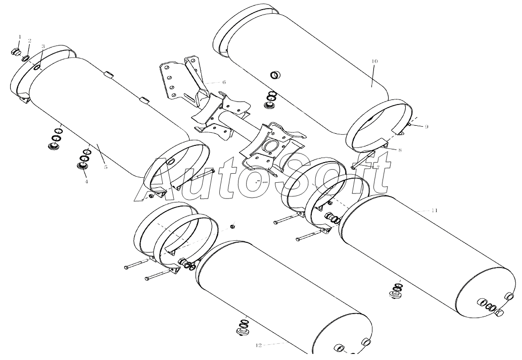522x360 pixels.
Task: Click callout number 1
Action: [20, 37]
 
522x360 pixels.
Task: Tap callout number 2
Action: [30, 41]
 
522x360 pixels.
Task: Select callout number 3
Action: [43, 46]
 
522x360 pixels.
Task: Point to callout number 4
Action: [86, 181]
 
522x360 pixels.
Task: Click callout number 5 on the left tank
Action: [106, 167]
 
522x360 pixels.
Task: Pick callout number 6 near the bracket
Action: [224, 82]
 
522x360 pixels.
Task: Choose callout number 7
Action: [377, 167]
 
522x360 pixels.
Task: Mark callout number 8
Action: [400, 150]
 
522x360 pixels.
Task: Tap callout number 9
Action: [426, 126]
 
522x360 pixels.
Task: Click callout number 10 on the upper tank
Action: [374, 61]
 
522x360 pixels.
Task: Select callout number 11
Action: [434, 210]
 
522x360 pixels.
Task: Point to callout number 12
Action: [259, 345]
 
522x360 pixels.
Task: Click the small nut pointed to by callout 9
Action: [410, 124]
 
